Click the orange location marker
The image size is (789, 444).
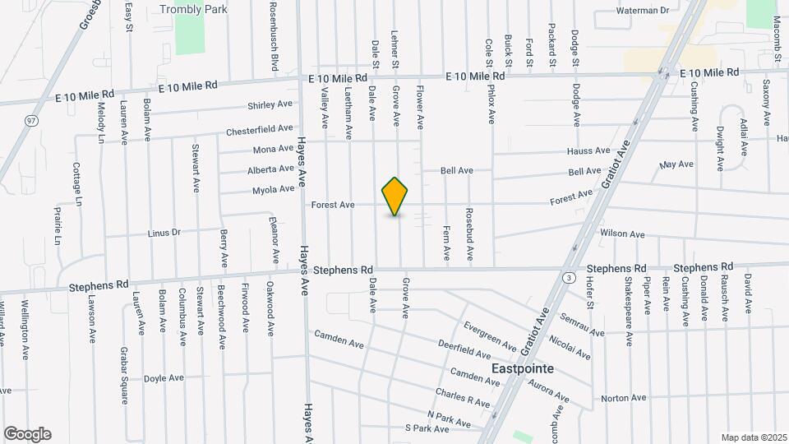395,196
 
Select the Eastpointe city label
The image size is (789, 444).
522,369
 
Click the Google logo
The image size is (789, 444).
27,434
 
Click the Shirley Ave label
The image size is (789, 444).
270,105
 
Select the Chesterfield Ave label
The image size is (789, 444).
260,130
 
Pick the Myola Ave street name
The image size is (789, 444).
273,189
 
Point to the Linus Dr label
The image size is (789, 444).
164,233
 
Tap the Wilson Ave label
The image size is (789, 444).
622,234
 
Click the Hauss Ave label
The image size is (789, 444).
588,151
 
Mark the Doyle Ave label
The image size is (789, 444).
164,378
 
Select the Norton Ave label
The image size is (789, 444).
624,398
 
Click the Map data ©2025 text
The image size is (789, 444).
753,437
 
